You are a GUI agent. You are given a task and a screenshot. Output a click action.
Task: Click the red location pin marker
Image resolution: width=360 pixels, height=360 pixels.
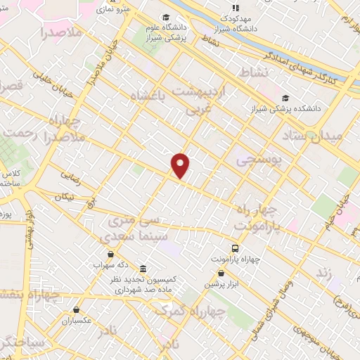[181, 165]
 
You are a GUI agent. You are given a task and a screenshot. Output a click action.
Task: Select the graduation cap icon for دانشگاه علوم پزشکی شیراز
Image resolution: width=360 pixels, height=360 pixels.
[166, 18]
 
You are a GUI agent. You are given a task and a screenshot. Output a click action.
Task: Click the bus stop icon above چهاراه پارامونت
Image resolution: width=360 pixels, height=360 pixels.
[236, 248]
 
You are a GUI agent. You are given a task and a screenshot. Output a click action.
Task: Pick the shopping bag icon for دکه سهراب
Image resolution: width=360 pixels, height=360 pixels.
[110, 255]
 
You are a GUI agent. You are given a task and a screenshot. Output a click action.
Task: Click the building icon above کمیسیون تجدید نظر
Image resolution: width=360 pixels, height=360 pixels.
[143, 269]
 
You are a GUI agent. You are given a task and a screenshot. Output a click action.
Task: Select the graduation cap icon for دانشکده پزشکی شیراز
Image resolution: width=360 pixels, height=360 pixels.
[285, 98]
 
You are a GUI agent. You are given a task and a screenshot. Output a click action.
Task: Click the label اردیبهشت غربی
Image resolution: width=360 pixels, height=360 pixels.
[203, 101]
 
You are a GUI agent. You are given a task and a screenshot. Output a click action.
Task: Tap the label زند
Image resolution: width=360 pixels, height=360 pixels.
[323, 271]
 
